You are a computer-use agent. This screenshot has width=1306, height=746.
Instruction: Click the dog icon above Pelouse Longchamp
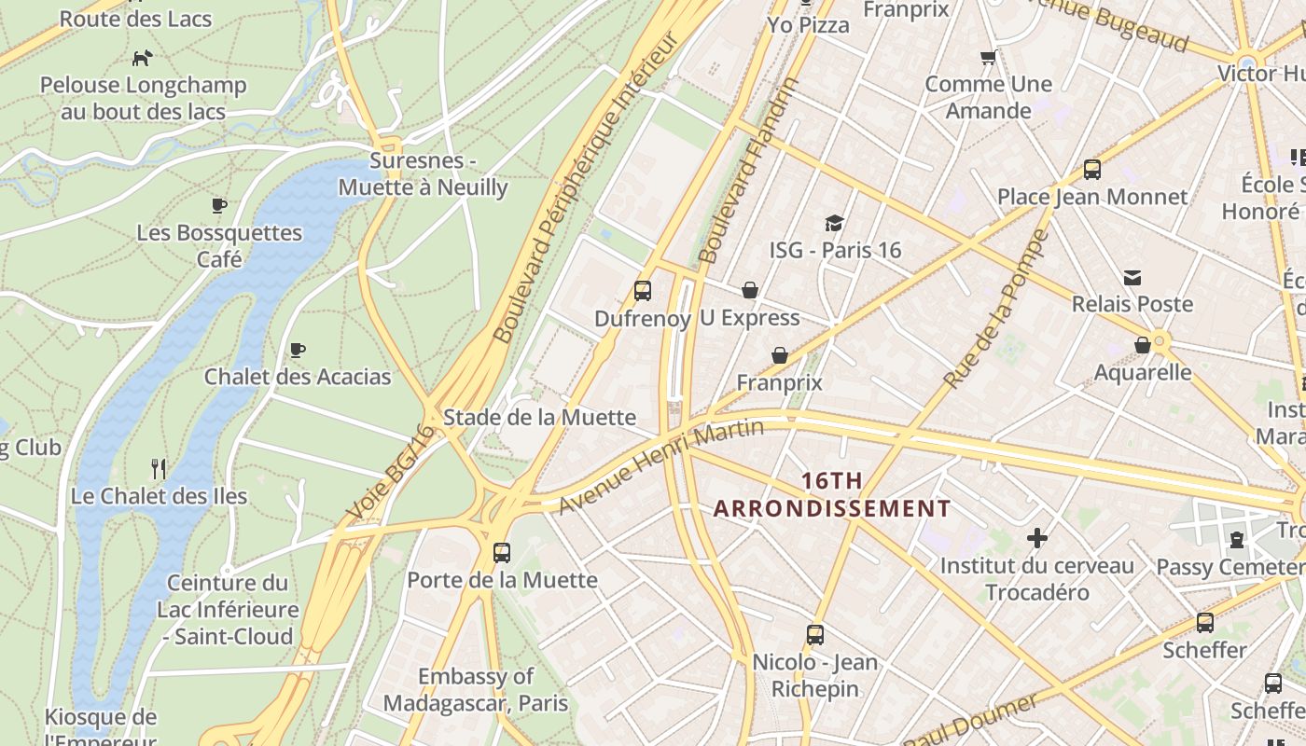(142, 58)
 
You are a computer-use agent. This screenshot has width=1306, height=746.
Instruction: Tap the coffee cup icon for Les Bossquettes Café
(219, 205)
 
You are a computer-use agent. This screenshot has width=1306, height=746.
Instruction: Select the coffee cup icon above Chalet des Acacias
(298, 350)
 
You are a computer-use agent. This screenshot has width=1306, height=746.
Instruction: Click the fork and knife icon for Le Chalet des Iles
(159, 468)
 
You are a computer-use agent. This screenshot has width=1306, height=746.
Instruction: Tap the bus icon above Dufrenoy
(643, 290)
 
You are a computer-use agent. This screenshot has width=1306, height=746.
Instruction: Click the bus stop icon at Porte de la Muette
(502, 552)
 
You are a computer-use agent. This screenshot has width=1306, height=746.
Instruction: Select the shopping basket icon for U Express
(749, 290)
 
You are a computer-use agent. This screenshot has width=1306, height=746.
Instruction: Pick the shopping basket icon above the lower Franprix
(780, 355)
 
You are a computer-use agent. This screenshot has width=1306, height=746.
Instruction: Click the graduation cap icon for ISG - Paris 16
(834, 223)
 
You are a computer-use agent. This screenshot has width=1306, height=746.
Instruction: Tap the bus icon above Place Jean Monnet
(1092, 170)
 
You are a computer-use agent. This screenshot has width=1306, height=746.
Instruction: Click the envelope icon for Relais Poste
(1132, 277)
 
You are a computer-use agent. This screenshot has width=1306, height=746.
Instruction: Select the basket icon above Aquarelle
(1143, 345)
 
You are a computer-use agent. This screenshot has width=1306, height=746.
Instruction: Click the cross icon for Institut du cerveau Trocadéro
(1036, 538)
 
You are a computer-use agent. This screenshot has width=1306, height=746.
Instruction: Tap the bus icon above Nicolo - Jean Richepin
(815, 635)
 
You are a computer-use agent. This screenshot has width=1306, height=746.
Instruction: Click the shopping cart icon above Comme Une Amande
(989, 57)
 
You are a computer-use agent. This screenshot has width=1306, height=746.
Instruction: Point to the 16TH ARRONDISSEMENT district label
(832, 495)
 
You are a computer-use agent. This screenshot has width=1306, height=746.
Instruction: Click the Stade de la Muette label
(539, 417)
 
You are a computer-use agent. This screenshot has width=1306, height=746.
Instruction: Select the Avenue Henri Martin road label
(661, 466)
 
